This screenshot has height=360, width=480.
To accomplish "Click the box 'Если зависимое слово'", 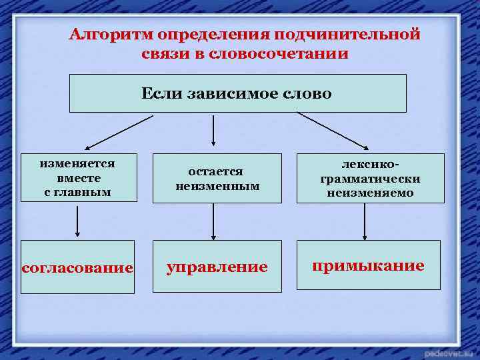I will pyautogui.click(x=238, y=93).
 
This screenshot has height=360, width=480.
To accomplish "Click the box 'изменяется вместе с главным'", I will pyautogui.click(x=78, y=178).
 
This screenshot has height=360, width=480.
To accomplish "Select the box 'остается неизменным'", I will pyautogui.click(x=217, y=179).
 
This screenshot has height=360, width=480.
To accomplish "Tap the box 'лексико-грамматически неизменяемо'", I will pyautogui.click(x=370, y=179).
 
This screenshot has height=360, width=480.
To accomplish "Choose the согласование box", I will pyautogui.click(x=77, y=267).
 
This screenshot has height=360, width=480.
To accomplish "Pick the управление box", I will pyautogui.click(x=217, y=267).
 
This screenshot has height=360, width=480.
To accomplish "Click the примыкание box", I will pyautogui.click(x=368, y=265).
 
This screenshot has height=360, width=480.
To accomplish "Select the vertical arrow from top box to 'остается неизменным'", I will pyautogui.click(x=213, y=130).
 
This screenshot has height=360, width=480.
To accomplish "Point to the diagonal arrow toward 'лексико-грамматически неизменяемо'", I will pyautogui.click(x=333, y=130).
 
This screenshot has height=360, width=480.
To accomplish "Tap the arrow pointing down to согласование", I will pyautogui.click(x=78, y=221).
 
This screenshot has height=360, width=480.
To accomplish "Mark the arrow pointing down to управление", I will pyautogui.click(x=213, y=221).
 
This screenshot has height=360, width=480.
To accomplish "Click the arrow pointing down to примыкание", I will pyautogui.click(x=364, y=221).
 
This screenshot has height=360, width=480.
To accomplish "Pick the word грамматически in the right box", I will pyautogui.click(x=370, y=179).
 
